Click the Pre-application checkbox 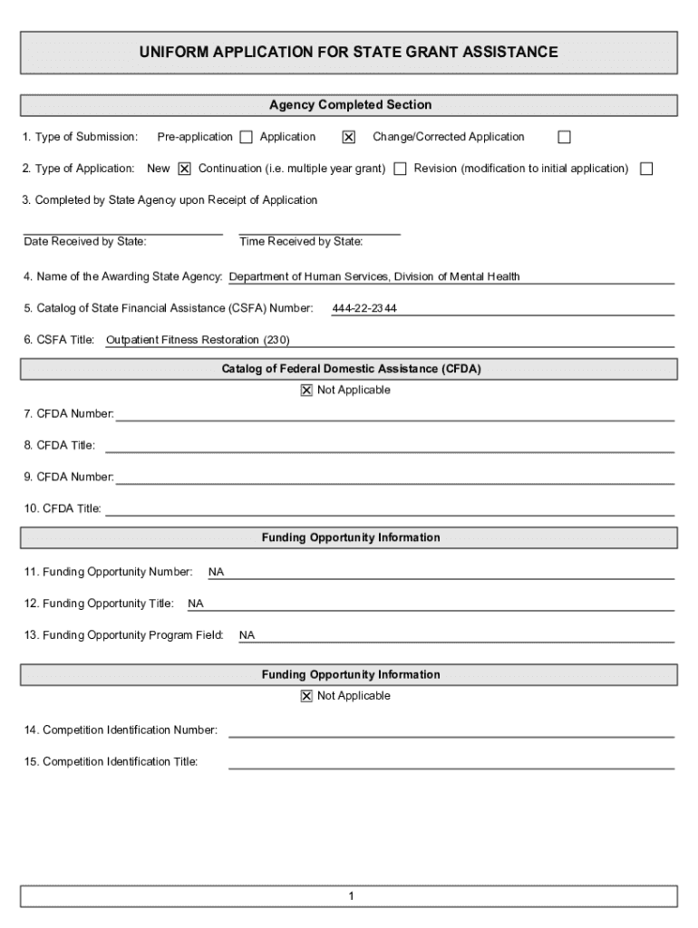coord(246,138)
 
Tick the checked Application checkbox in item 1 coord(348,138)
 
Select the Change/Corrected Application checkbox coord(564,138)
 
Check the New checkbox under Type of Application coord(185,169)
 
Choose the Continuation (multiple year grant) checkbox coord(400,169)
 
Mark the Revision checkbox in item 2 coord(646,169)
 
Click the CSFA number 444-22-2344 coord(364,309)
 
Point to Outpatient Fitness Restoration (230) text coord(198,341)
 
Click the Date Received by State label coord(85,242)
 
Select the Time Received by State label coord(301,242)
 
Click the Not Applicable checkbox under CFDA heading coord(306,391)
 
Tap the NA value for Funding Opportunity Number coord(216,573)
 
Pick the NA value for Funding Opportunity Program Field coord(247,636)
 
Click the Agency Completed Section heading coord(350,105)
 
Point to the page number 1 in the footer coord(350,897)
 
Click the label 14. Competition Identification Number coord(121,730)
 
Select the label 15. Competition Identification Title coord(111,762)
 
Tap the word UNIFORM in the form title coord(172,53)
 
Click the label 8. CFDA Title coord(60,446)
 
